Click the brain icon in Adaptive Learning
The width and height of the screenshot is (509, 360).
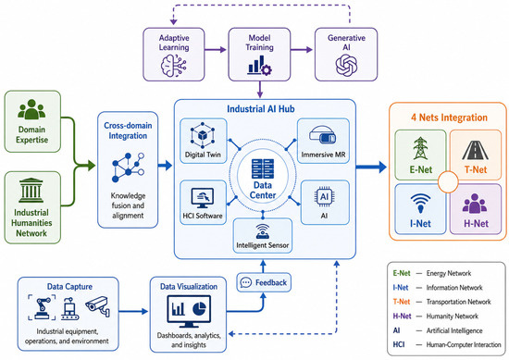pyautogui.click(x=174, y=66)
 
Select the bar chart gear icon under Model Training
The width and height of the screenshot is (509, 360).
pyautogui.click(x=259, y=66)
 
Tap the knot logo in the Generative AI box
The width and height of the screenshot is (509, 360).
pyautogui.click(x=346, y=65)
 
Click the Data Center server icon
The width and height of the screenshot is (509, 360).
pyautogui.click(x=263, y=168)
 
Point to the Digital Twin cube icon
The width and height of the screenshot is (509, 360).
pyautogui.click(x=203, y=135)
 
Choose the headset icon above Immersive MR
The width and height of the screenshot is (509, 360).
pyautogui.click(x=323, y=135)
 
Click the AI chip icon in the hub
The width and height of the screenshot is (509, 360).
pyautogui.click(x=324, y=197)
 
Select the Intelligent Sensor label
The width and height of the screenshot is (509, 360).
pyautogui.click(x=262, y=245)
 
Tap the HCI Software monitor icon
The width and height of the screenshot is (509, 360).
pyautogui.click(x=203, y=198)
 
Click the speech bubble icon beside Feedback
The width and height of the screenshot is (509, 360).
pyautogui.click(x=246, y=283)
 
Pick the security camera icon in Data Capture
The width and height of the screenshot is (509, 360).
pyautogui.click(x=98, y=305)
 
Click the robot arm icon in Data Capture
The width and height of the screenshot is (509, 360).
pyautogui.click(x=42, y=307)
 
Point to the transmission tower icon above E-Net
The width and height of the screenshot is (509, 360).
pyautogui.click(x=420, y=148)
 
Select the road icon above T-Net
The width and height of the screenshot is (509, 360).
pyautogui.click(x=475, y=150)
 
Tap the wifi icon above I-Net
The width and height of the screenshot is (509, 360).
pyautogui.click(x=420, y=204)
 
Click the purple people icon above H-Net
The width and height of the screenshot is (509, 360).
pyautogui.click(x=475, y=204)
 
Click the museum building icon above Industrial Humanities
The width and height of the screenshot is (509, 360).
pyautogui.click(x=31, y=191)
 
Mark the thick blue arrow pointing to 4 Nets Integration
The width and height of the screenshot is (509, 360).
pyautogui.click(x=371, y=168)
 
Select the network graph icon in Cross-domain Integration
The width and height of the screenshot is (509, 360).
pyautogui.click(x=128, y=168)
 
